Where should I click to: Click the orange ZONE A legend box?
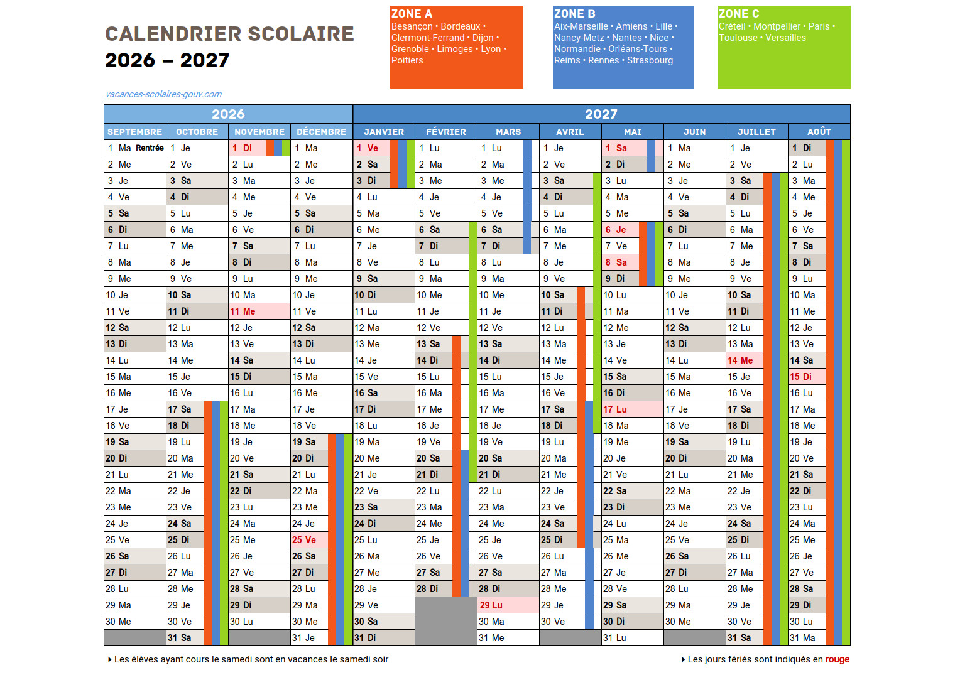click(456, 47)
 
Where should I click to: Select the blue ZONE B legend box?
click(623, 47)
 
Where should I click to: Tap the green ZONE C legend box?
click(783, 47)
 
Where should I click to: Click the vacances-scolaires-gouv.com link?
click(163, 94)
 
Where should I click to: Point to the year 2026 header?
click(228, 114)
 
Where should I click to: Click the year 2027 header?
click(601, 114)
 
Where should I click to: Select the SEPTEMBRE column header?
click(134, 132)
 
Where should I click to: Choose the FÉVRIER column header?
click(446, 132)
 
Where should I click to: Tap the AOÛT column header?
click(819, 132)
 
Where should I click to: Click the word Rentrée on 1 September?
click(150, 148)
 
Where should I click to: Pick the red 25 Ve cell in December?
click(304, 540)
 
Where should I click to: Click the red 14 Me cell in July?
click(744, 360)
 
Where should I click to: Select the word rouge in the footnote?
click(837, 659)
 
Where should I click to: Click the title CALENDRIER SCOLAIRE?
click(229, 34)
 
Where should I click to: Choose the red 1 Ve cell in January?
click(371, 148)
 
